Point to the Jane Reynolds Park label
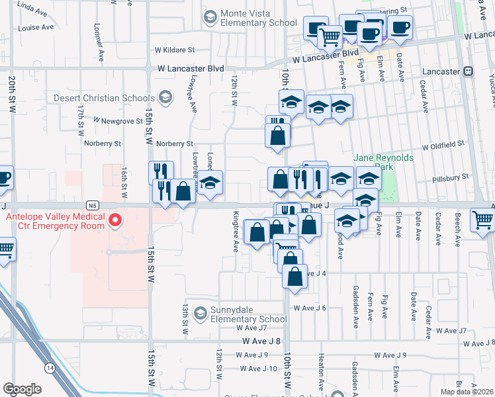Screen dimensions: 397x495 click(383, 162)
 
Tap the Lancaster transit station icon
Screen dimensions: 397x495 click(468, 71)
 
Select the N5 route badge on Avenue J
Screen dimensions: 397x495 click(91, 205)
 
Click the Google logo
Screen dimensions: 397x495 click(22, 389)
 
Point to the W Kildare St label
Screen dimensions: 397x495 click(175, 50)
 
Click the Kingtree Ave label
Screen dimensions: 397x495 click(236, 232)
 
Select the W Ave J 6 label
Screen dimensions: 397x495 click(310, 308)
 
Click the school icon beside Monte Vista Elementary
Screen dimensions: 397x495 click(210, 16)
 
